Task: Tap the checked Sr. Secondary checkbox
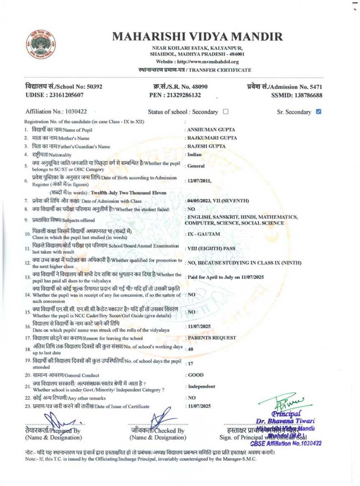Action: (318, 112)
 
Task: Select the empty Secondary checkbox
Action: (226, 112)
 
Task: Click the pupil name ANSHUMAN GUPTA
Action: (211, 130)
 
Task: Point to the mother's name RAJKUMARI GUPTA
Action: (212, 138)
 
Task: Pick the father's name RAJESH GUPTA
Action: (206, 146)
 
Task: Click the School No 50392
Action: (95, 87)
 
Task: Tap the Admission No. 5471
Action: (316, 87)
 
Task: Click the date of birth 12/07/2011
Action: (199, 181)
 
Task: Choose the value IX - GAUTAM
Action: (203, 234)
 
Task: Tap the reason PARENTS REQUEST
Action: (212, 338)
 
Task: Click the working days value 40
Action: (190, 349)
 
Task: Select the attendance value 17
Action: (190, 364)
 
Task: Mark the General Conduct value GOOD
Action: (196, 375)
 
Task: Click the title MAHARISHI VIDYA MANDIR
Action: (197, 37)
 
